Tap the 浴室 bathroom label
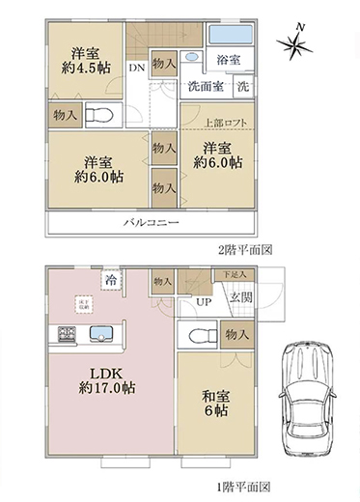229,60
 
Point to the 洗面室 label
206,85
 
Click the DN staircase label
136,68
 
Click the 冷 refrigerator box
113,279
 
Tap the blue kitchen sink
101,335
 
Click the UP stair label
204,301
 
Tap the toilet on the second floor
99,115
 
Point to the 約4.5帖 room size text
86,70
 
